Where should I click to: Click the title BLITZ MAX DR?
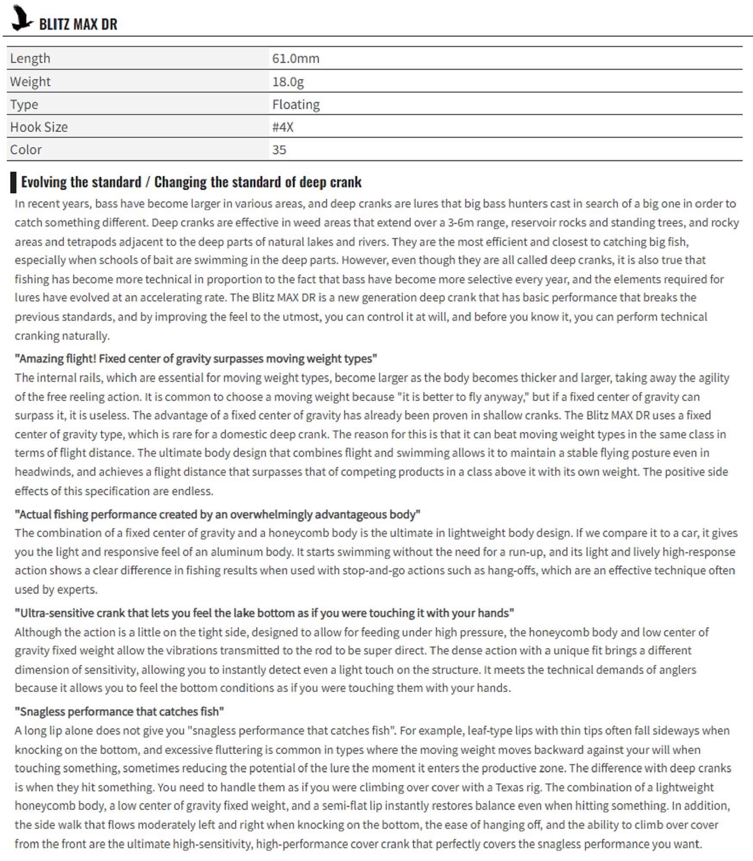(x=78, y=25)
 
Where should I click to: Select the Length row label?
(x=30, y=58)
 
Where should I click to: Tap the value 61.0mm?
(x=296, y=58)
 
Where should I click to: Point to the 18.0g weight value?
(x=288, y=81)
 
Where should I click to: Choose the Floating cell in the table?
(x=296, y=104)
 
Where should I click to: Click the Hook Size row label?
(x=39, y=127)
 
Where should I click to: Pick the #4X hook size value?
(x=283, y=127)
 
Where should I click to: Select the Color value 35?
(x=279, y=150)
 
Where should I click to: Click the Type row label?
(x=24, y=104)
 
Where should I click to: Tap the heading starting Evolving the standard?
(x=191, y=182)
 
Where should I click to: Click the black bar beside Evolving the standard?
(x=13, y=182)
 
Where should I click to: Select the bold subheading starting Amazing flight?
(x=196, y=359)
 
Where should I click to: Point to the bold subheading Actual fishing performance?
(x=218, y=514)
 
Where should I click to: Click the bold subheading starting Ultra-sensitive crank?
(x=264, y=613)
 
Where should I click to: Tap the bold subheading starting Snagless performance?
(x=119, y=712)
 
